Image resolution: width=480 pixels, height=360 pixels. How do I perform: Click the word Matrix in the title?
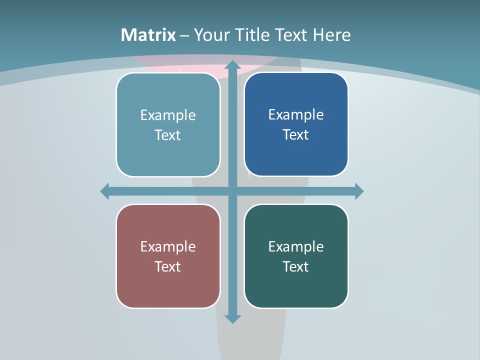(148, 35)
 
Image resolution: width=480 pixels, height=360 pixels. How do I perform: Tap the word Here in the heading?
(331, 35)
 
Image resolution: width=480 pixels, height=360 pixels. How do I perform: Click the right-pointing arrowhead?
(359, 191)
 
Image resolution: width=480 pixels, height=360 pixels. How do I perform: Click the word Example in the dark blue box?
(296, 114)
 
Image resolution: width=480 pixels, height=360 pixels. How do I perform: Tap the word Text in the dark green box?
(296, 266)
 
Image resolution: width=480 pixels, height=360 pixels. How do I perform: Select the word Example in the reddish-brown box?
(168, 246)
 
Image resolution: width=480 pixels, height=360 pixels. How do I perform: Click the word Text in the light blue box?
(168, 135)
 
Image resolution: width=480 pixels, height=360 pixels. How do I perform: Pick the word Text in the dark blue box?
(296, 134)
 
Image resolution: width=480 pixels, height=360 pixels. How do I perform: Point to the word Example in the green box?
(296, 246)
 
